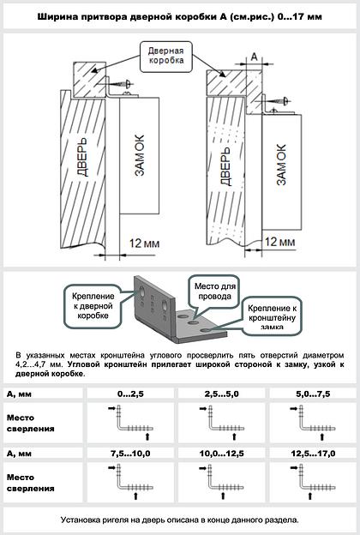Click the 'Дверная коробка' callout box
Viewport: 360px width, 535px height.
pos(166,57)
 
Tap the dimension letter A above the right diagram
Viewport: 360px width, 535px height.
pos(255,57)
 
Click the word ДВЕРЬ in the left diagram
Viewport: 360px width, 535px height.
pos(82,157)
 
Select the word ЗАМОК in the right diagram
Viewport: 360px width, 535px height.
pos(281,165)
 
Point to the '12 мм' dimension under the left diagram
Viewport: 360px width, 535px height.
pos(144,243)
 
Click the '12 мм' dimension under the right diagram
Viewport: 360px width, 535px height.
pos(279,242)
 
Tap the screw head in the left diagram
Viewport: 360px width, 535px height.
pos(129,84)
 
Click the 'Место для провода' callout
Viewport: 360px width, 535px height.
pos(214,292)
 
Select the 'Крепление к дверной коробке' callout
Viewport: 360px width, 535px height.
pos(93,306)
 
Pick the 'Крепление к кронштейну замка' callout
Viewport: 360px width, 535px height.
pos(272,316)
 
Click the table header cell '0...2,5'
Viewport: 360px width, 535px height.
pos(130,394)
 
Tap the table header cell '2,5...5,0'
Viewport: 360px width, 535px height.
pos(221,394)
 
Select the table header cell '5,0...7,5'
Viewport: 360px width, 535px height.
pos(313,394)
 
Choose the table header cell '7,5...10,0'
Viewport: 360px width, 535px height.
pos(130,454)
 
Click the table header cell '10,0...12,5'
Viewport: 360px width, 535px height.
pos(221,454)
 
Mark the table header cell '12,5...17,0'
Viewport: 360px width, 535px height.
pos(313,454)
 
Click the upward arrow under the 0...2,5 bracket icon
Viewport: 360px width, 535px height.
pos(147,436)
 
